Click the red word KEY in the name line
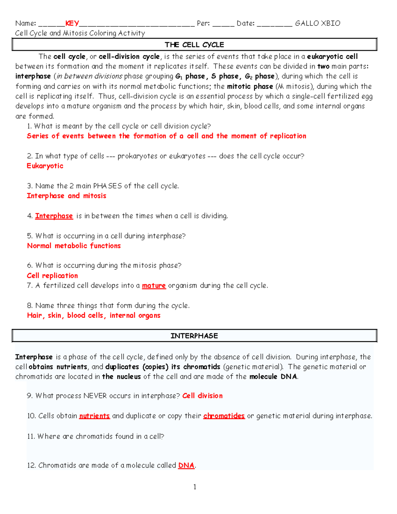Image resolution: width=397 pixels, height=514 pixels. pos(72,23)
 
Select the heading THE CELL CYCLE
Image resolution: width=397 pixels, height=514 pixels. pos(194,45)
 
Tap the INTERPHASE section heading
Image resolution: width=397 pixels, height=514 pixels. pos(194,336)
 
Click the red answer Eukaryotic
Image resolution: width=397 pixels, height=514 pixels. pos(45,166)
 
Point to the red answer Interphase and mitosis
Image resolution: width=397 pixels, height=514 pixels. pos(66,196)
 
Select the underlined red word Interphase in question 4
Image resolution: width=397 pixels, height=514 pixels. pos(54,216)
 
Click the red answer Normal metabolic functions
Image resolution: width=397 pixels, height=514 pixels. pos(74,246)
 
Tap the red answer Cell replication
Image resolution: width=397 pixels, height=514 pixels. pos(52,275)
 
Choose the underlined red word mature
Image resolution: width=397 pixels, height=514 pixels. pos(154,285)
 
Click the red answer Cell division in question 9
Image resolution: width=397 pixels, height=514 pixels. pos(202,396)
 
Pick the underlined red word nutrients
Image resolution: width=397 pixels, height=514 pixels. pos(94,416)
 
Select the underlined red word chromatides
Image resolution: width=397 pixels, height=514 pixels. pos(224,416)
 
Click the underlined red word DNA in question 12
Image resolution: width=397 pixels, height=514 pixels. pos(186,465)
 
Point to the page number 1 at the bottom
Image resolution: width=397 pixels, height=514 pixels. pos(195,487)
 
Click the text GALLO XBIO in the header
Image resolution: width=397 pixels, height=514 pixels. pos(318,23)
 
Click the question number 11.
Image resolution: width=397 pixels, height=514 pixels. pos(31,436)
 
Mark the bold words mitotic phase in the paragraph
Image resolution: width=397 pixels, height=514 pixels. pos(250,86)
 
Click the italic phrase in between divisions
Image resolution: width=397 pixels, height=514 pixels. pos(90,76)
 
